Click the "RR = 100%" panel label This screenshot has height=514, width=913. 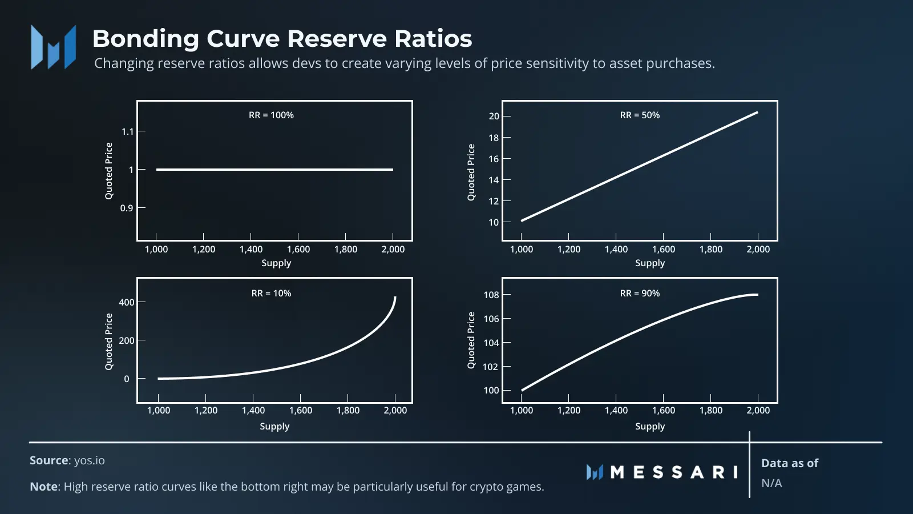point(271,115)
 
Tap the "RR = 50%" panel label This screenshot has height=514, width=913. point(640,115)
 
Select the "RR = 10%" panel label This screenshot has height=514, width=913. point(271,294)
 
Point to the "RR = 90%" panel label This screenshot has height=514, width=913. point(640,294)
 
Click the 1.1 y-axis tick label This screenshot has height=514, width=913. point(127,131)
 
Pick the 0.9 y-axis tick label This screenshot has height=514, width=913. point(126,208)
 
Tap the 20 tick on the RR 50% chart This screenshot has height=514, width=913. point(494,117)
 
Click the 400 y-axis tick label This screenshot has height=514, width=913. point(126,302)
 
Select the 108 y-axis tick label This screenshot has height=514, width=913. point(491,295)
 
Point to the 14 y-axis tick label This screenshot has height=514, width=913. point(494,180)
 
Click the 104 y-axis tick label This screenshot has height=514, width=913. point(491,343)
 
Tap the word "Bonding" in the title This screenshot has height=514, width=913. point(146,39)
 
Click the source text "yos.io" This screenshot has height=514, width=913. point(89,460)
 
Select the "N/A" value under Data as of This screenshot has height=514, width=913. point(771,483)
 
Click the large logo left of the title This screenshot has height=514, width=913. point(54,47)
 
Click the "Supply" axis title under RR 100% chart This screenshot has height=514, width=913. point(276,263)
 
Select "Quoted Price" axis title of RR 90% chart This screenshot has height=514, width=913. point(471,340)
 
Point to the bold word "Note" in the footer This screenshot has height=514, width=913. point(43,487)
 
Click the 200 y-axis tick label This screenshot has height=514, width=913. point(126,340)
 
